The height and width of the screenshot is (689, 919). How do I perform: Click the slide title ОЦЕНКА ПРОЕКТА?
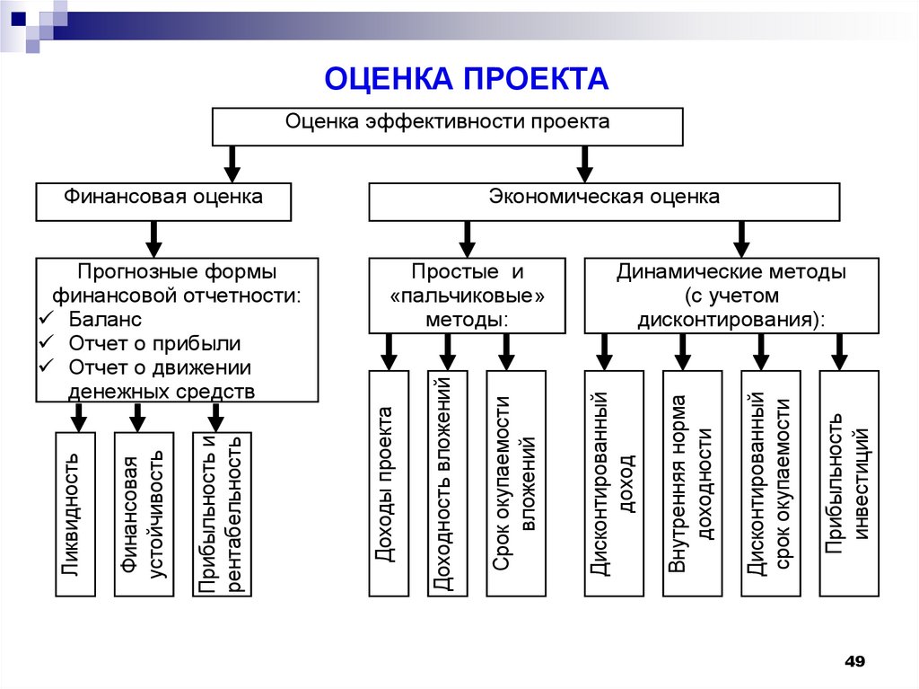pos(466,80)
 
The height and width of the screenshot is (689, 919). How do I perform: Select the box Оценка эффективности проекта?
pos(447,126)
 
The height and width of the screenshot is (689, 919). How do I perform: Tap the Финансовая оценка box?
pos(163,201)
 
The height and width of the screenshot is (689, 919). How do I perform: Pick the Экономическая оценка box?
pos(604,201)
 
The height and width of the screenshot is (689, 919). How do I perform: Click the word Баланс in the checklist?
pos(105,320)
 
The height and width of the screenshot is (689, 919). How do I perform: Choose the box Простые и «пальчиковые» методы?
pos(467,296)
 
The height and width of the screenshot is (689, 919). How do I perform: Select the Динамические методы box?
pos(731,296)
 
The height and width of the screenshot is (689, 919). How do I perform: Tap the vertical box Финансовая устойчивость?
pos(143,514)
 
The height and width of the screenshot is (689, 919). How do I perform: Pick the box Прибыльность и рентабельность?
pos(222,514)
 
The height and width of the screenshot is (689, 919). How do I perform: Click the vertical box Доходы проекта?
pos(387,482)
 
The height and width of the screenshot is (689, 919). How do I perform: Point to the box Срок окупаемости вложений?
pos(515,482)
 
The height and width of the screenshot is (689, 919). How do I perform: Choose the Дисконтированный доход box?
pos(614,482)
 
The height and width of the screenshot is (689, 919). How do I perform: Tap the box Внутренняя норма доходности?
pos(692,482)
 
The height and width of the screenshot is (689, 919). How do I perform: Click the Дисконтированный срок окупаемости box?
pos(770,482)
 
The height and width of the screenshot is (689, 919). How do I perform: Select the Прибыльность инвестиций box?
pos(848,482)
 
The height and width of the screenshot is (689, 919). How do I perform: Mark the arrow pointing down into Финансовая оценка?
pos(232,163)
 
